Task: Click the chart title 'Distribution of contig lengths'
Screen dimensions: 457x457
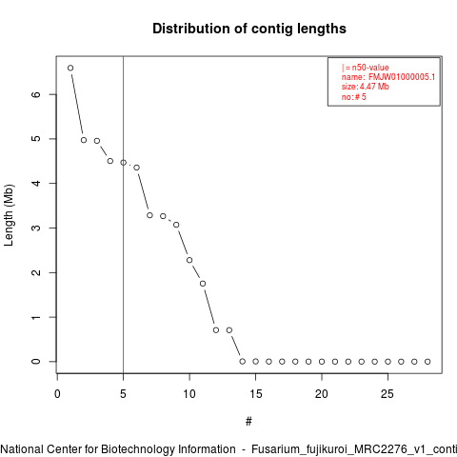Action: (249, 29)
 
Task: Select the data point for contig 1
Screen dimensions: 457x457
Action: (70, 68)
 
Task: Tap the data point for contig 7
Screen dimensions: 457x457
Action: (149, 215)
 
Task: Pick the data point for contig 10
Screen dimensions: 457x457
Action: (189, 260)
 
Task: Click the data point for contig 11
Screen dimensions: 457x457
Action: (203, 284)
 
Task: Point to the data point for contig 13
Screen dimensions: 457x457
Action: (229, 330)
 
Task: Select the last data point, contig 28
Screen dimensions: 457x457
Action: (427, 362)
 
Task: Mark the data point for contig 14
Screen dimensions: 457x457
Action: (243, 362)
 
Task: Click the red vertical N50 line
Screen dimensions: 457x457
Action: (123, 214)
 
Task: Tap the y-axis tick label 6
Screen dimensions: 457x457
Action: (36, 94)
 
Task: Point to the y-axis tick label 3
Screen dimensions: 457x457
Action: (36, 228)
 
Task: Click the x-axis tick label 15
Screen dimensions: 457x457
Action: (256, 394)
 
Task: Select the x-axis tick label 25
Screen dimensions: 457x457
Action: (387, 394)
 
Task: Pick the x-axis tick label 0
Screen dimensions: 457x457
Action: (57, 394)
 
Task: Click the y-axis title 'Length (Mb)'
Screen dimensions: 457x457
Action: (9, 215)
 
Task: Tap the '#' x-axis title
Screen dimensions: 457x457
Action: (248, 422)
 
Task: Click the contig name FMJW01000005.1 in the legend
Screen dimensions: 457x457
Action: (402, 77)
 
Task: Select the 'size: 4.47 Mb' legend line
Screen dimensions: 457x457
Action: (366, 87)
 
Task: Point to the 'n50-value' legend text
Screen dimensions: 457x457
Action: (370, 68)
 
